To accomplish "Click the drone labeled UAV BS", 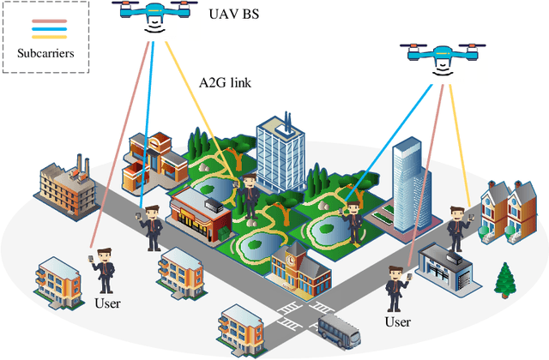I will [155, 15].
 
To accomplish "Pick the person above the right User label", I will [396, 288].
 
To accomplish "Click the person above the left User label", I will [104, 269].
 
